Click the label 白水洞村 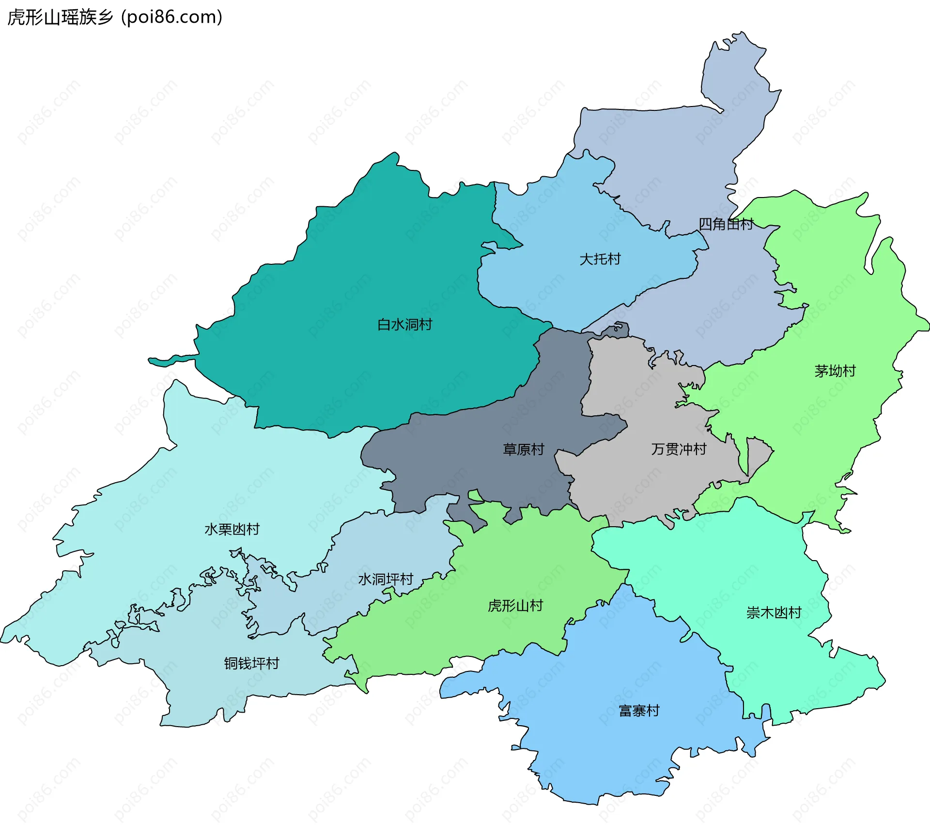(x=404, y=324)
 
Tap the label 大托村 (x=600, y=259)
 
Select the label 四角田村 (x=725, y=224)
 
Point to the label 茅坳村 (x=835, y=371)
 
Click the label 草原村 (x=523, y=449)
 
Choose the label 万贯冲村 (x=678, y=449)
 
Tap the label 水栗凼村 (x=232, y=529)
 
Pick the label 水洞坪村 (x=385, y=579)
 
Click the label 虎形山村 (x=515, y=606)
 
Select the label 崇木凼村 (x=774, y=613)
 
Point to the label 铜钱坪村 (x=251, y=663)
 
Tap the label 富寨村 (x=639, y=711)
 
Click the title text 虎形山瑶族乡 (x=60, y=17)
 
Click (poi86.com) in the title (x=172, y=17)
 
